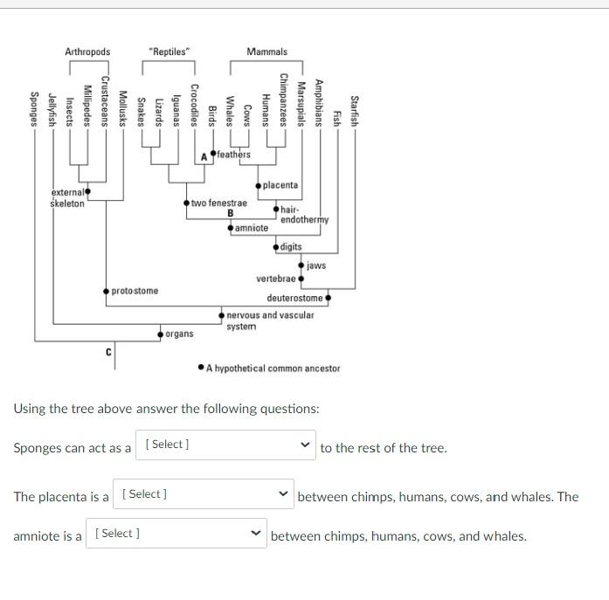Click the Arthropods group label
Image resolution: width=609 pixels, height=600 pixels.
[87, 52]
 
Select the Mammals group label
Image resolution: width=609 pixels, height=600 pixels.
[266, 52]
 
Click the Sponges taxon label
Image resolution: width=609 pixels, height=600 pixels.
[34, 110]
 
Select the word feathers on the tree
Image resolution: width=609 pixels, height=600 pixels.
[233, 155]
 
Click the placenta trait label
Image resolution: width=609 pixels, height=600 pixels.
[280, 185]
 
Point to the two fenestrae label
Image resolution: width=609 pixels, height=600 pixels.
[218, 203]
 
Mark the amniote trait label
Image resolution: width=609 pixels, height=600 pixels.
[252, 228]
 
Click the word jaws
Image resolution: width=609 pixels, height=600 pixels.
[316, 265]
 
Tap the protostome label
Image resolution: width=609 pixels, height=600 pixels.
[135, 290]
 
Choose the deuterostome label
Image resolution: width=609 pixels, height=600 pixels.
[294, 298]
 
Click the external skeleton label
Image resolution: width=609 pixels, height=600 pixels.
[67, 198]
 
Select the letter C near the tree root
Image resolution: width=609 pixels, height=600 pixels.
[108, 352]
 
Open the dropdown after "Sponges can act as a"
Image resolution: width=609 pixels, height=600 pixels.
[226, 445]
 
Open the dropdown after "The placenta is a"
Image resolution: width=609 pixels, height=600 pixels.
[204, 494]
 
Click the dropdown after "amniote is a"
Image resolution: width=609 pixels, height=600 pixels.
[176, 534]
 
